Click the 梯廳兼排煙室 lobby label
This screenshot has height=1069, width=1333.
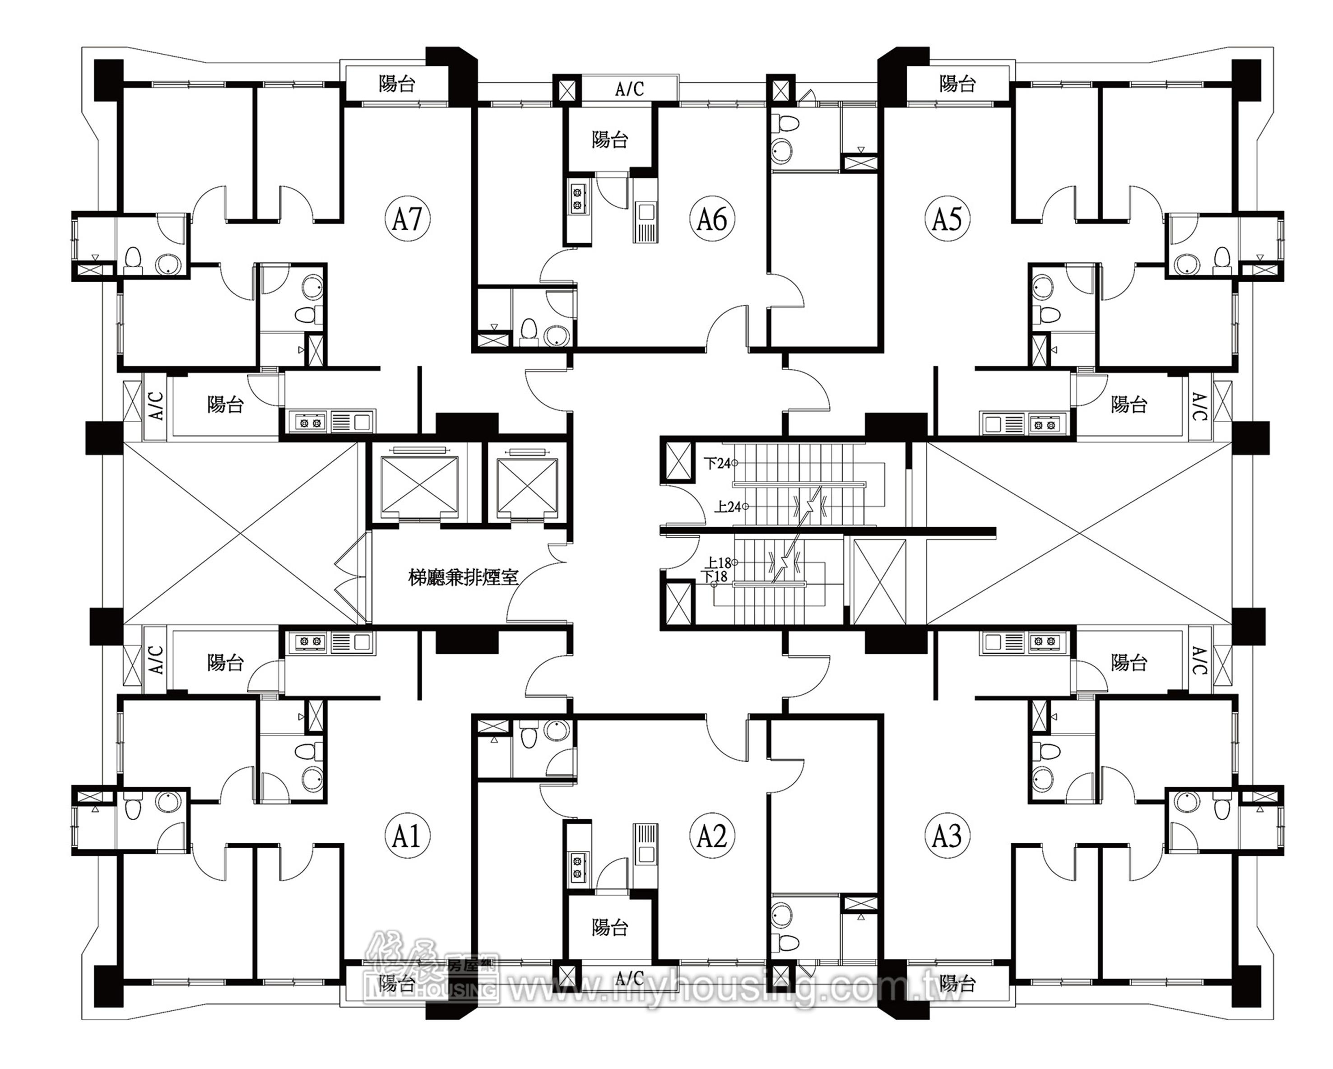click(x=463, y=577)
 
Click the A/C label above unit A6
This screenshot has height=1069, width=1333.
click(x=629, y=89)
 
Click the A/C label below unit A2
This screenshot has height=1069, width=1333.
click(x=629, y=978)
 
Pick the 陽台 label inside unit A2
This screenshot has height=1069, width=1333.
click(x=609, y=927)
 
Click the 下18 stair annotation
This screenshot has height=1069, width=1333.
click(x=716, y=576)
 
